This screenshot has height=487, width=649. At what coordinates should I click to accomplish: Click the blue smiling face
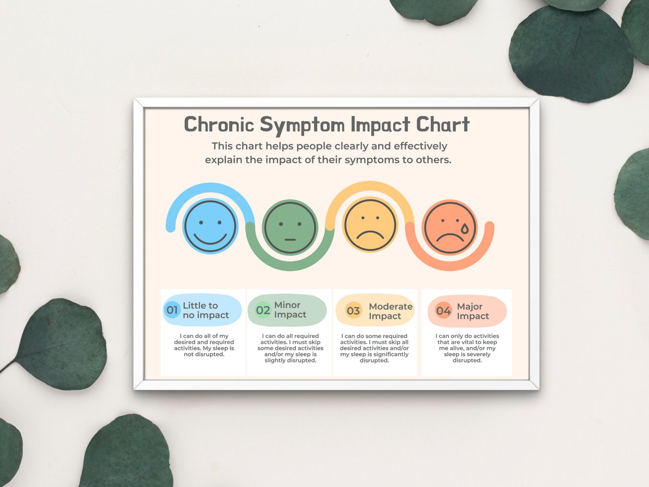pos(210,226)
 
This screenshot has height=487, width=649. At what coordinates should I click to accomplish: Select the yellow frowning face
pos(370,224)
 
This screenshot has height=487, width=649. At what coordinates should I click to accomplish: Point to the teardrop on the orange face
pos(465,229)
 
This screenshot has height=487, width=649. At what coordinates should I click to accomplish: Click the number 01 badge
pos(172,310)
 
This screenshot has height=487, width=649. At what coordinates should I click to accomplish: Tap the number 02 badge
pos(263,310)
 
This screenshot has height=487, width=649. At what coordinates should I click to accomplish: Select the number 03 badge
pos(353,311)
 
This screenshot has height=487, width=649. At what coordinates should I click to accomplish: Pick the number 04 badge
pos(443,311)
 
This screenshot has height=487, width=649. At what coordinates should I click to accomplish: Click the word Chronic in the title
pos(219,124)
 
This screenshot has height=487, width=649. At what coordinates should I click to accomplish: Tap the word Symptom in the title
pos(302,125)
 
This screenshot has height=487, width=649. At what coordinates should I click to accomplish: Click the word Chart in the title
pos(443,124)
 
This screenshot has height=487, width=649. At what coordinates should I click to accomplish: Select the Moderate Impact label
pos(390,311)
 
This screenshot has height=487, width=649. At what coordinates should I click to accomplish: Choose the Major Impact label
pos(473,311)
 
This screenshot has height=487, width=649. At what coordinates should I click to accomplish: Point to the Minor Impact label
pos(290,310)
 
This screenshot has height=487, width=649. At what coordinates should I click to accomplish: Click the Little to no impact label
pos(206,310)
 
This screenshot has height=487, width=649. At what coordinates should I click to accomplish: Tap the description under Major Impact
pos(467,348)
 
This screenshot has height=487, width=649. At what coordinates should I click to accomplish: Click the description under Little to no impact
pos(204,345)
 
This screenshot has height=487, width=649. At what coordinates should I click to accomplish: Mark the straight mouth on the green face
pos(290,240)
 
